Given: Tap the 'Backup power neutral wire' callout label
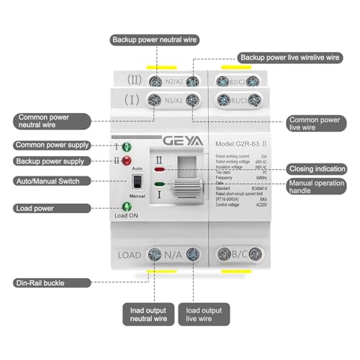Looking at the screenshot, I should [156, 39].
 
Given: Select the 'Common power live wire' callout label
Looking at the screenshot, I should [314, 124].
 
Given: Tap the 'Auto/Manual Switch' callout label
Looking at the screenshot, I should [49, 181].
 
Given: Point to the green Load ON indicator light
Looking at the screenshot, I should [127, 207].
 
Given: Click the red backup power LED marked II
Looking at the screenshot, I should [127, 160].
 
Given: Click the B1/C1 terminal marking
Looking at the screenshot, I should [238, 100].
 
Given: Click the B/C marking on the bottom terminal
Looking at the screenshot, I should [232, 255].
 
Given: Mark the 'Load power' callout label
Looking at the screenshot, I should [36, 208].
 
